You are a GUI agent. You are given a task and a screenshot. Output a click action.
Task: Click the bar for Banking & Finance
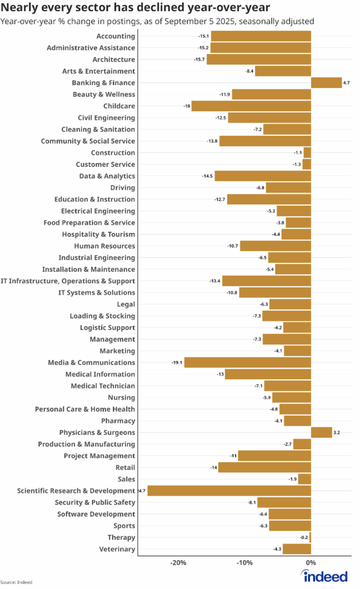(326, 83)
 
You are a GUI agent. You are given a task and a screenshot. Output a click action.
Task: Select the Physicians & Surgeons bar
(321, 433)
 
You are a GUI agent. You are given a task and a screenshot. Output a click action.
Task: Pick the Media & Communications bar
(247, 362)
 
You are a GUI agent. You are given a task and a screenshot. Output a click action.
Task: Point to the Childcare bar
(251, 106)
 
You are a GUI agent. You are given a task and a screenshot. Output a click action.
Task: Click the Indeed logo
(325, 576)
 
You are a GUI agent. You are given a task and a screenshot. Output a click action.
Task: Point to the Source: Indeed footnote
(16, 582)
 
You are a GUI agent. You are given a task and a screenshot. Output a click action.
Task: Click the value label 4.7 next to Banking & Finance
(346, 83)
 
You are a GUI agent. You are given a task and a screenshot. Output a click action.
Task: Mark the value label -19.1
(177, 362)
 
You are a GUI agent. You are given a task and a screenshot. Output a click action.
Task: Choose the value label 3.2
(337, 433)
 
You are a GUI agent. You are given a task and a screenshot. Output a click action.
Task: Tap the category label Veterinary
(118, 549)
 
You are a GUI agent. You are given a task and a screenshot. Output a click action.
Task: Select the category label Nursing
(121, 397)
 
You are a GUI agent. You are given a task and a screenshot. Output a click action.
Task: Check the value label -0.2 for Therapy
(304, 537)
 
